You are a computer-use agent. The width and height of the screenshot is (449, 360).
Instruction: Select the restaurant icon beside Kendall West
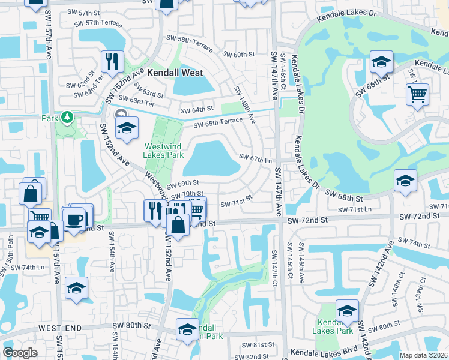(112, 62)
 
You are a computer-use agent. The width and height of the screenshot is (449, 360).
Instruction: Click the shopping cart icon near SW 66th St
(417, 95)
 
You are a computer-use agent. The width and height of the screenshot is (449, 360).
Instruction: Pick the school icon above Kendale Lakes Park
(347, 310)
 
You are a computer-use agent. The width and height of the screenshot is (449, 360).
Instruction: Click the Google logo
(20, 353)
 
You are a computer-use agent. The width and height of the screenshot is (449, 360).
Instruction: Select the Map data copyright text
(424, 355)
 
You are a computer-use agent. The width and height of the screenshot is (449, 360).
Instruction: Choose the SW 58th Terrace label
(190, 43)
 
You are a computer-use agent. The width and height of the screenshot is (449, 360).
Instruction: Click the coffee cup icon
(75, 220)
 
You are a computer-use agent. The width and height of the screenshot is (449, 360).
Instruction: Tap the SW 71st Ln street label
(355, 209)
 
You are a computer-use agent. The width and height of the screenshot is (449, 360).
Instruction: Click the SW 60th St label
(238, 55)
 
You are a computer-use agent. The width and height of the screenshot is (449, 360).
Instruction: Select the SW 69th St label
(182, 182)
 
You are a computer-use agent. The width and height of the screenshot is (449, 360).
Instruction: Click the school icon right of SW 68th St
(405, 181)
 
